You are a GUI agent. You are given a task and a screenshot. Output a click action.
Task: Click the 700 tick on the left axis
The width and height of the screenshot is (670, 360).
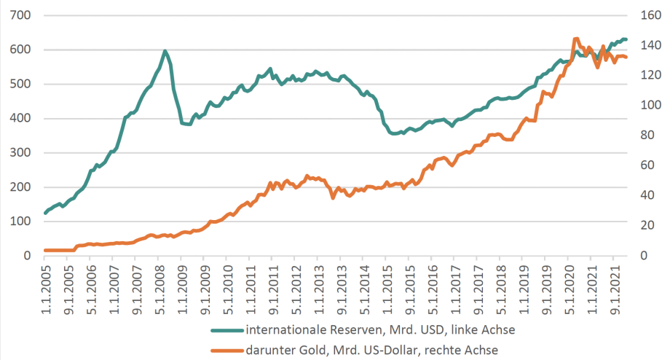click(x=21, y=15)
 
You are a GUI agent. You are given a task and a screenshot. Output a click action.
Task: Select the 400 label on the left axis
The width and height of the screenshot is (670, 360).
click(x=21, y=118)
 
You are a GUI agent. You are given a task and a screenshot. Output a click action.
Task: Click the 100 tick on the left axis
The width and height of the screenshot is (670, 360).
click(x=21, y=222)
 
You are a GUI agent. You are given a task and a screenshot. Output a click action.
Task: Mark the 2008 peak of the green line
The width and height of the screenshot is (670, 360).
click(x=165, y=51)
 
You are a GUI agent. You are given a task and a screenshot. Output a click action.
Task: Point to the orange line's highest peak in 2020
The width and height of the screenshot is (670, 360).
click(x=575, y=39)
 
